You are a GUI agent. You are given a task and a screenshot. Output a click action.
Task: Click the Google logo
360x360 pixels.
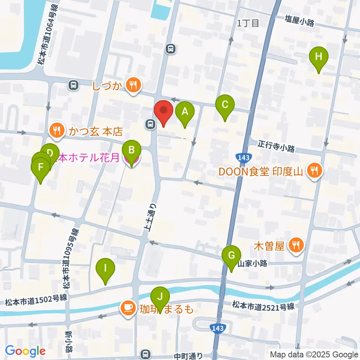[x=25, y=351]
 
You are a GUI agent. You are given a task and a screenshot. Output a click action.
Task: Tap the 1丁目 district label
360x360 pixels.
[x=248, y=23]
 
